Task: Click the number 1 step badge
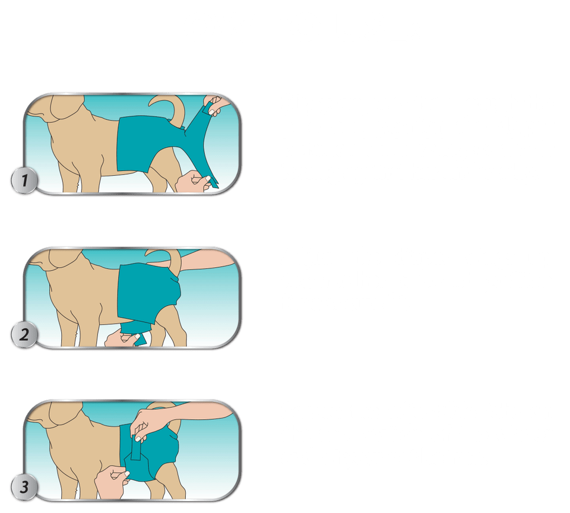24,180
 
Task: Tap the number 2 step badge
24,334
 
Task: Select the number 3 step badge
24,487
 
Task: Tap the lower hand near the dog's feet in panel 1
192,182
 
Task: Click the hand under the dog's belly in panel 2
122,338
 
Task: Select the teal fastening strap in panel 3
137,447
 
